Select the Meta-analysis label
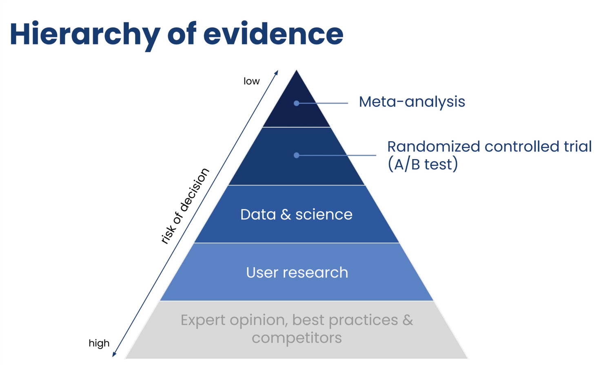pos(412,102)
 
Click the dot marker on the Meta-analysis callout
pos(297,103)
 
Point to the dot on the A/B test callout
pos(297,155)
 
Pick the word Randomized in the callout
pos(434,146)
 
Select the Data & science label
pos(297,215)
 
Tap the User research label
pos(297,272)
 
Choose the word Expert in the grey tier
pos(203,321)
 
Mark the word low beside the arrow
pos(251,81)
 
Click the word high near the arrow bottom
pos(99,344)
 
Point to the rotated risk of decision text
pos(185,206)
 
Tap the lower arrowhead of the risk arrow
pos(113,355)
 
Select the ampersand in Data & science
pos(286,215)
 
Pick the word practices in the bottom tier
pos(363,321)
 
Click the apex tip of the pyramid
pos(297,70)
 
